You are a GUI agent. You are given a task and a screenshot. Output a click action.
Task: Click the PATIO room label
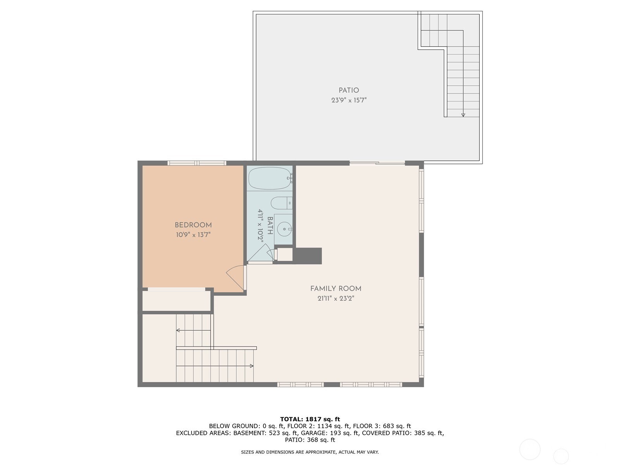point(349,90)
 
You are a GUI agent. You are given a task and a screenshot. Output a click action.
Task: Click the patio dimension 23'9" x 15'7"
point(349,100)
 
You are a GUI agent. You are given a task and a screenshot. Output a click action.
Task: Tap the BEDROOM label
point(193,225)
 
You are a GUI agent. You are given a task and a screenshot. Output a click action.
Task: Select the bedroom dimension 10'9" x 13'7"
point(193,235)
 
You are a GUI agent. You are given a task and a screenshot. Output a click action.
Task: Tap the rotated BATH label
point(270,226)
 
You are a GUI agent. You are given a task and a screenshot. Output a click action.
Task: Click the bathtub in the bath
point(269,178)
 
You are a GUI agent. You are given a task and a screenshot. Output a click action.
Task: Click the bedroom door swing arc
point(234,276)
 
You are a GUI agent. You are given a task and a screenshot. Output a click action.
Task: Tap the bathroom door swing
point(260,254)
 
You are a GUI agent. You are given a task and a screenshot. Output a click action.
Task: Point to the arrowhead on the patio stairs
point(463,115)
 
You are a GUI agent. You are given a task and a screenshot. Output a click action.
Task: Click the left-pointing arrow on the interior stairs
point(178,331)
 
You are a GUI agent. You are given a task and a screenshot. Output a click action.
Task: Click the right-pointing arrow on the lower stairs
point(251,366)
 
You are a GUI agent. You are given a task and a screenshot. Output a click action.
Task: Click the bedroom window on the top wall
point(197,163)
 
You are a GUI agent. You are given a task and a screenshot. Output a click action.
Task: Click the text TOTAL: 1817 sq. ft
point(310,419)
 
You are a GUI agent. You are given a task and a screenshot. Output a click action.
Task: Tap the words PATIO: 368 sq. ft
point(310,440)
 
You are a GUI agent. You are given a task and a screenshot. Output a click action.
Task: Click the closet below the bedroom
point(176,301)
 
